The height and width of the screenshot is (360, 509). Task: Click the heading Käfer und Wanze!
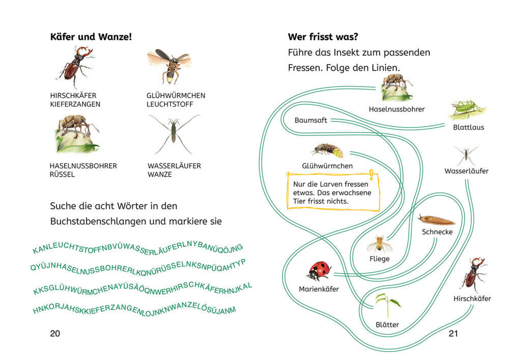[91, 37]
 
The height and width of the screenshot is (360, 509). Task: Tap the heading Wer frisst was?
[323, 37]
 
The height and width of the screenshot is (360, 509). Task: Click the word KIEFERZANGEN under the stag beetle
[75, 104]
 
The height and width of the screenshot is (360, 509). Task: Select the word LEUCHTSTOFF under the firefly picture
[169, 104]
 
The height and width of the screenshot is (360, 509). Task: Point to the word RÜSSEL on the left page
[62, 174]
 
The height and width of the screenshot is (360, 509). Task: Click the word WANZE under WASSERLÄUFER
[160, 174]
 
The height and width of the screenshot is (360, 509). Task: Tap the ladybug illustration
[319, 271]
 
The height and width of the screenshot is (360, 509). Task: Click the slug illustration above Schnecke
[437, 220]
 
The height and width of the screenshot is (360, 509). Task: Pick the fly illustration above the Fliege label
[379, 244]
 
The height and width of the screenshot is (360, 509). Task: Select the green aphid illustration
[467, 109]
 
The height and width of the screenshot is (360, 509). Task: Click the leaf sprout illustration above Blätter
[387, 306]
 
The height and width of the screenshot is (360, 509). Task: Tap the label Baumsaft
[310, 120]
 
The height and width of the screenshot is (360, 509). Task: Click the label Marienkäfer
[319, 289]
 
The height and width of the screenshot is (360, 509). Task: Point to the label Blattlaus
[468, 127]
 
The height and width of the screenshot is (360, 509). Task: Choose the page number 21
[453, 334]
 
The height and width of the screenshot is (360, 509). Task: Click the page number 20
[55, 334]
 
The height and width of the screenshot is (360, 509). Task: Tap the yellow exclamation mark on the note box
[372, 175]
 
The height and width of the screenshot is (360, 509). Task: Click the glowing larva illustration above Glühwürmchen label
[327, 151]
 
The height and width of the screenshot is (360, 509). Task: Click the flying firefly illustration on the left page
[169, 66]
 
